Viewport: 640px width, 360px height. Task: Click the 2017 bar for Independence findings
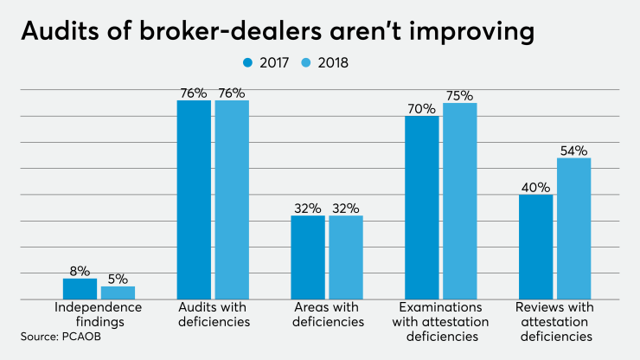tap(80, 289)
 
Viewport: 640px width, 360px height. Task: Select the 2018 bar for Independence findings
tap(118, 292)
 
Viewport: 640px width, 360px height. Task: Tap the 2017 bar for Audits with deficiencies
tap(194, 200)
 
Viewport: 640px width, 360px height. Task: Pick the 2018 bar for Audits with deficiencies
tap(232, 200)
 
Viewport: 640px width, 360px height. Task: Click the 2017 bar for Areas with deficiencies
tap(308, 257)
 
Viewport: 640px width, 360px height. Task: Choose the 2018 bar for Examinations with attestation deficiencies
tap(459, 201)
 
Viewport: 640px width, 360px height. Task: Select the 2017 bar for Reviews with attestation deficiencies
tap(535, 247)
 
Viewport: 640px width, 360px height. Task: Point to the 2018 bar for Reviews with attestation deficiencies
tap(573, 228)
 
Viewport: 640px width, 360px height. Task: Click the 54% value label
tap(573, 151)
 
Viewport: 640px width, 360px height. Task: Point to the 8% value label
tap(80, 271)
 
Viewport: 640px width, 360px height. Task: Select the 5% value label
tap(118, 279)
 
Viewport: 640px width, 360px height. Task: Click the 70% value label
tap(421, 109)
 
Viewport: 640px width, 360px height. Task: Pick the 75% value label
tap(459, 96)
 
